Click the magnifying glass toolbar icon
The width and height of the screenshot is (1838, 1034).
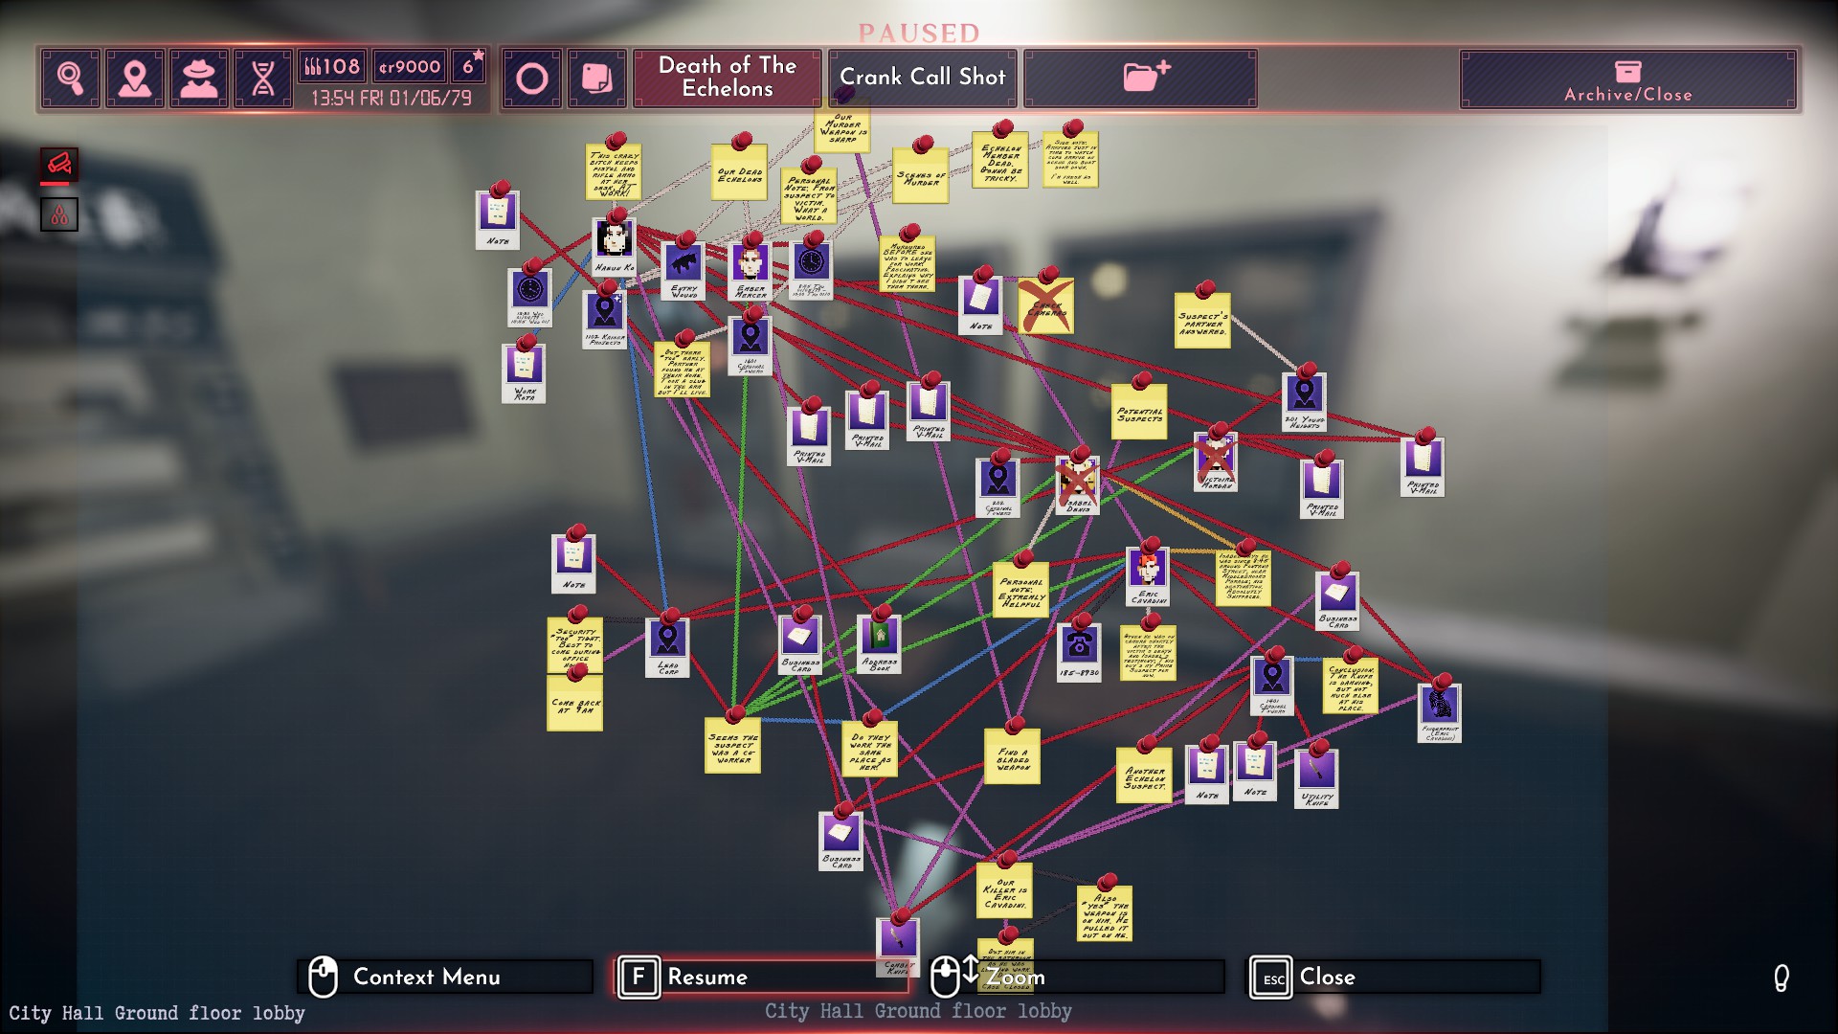click(71, 78)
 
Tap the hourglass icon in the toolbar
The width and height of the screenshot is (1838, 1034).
click(263, 78)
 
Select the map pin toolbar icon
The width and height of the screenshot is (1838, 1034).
click(135, 78)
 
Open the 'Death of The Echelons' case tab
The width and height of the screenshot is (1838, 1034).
click(727, 78)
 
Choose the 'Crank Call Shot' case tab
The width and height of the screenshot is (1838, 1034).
click(922, 78)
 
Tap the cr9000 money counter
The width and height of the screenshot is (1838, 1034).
click(409, 67)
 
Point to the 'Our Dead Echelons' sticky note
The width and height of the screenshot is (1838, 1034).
click(739, 174)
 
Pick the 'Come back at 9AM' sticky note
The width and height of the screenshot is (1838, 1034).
click(574, 706)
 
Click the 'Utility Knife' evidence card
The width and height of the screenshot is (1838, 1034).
click(1316, 777)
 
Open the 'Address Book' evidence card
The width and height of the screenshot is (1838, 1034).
click(879, 641)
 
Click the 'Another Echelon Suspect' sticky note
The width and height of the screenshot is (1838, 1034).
click(1144, 776)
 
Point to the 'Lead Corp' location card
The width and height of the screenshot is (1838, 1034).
click(667, 646)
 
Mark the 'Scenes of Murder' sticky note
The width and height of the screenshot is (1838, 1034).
click(920, 177)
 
